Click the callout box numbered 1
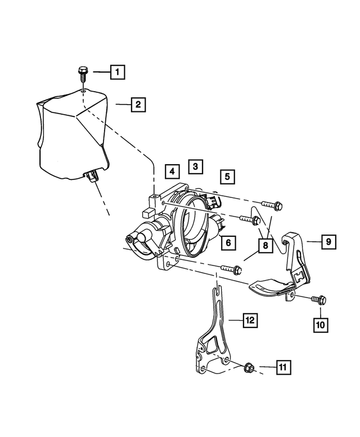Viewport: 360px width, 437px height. [x=117, y=72]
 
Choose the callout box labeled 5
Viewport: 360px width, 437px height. [x=227, y=177]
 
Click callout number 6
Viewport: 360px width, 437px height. [x=228, y=243]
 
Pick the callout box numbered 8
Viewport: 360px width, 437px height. [x=263, y=245]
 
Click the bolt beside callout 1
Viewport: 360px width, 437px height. [x=83, y=73]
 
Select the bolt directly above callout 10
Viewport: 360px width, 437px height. [x=318, y=300]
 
